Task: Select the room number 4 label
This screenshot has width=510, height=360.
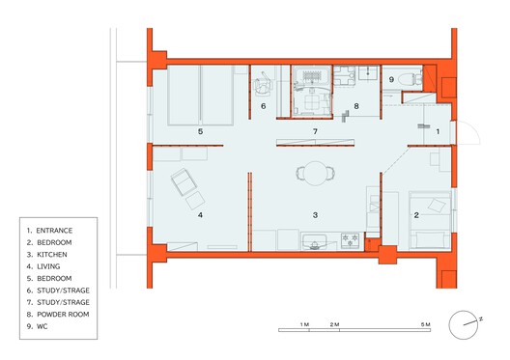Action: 200,215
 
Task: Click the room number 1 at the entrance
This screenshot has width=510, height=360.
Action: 437,130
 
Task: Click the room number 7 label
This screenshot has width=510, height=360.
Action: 314,130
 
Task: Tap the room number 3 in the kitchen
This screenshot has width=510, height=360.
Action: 314,213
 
